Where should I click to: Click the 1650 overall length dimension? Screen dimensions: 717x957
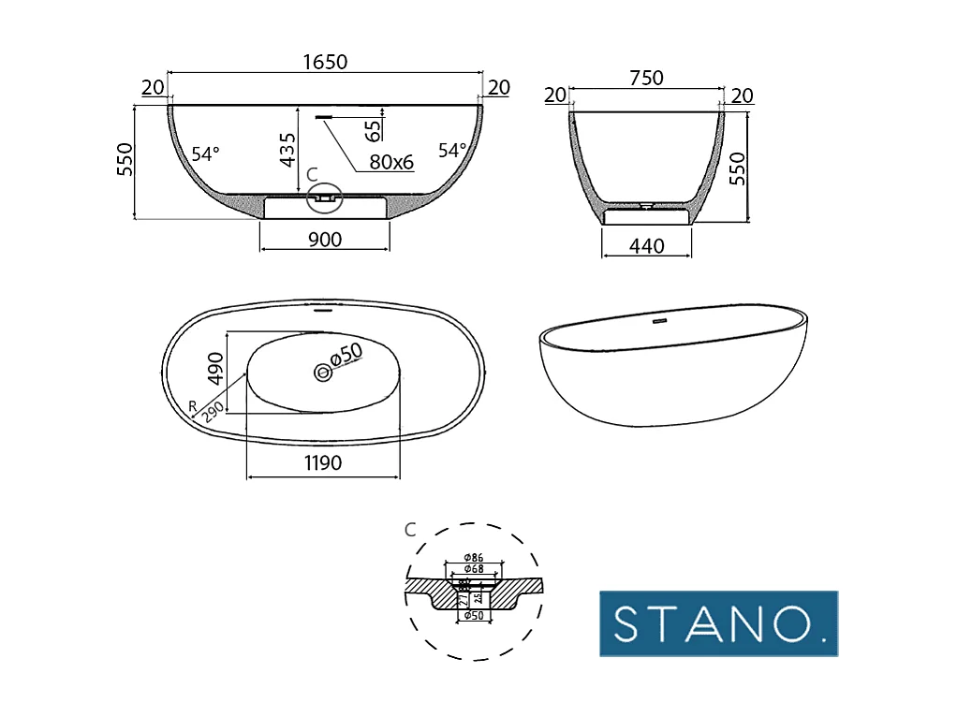click(x=325, y=62)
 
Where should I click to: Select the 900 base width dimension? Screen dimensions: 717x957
click(x=324, y=240)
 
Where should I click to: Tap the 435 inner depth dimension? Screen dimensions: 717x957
click(x=287, y=151)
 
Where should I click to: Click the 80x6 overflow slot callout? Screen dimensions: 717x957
click(x=391, y=162)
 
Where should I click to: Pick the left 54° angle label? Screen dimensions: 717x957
click(x=205, y=153)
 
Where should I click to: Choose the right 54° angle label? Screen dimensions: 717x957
click(x=452, y=150)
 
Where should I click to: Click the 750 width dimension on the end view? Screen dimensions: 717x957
click(x=646, y=79)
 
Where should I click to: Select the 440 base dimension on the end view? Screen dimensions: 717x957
click(x=647, y=246)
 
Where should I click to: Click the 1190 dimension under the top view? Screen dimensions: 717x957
click(x=322, y=462)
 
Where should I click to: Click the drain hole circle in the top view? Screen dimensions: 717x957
click(x=323, y=372)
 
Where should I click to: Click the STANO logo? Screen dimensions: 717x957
click(x=718, y=622)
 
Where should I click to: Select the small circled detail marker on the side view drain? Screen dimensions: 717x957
click(x=325, y=197)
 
